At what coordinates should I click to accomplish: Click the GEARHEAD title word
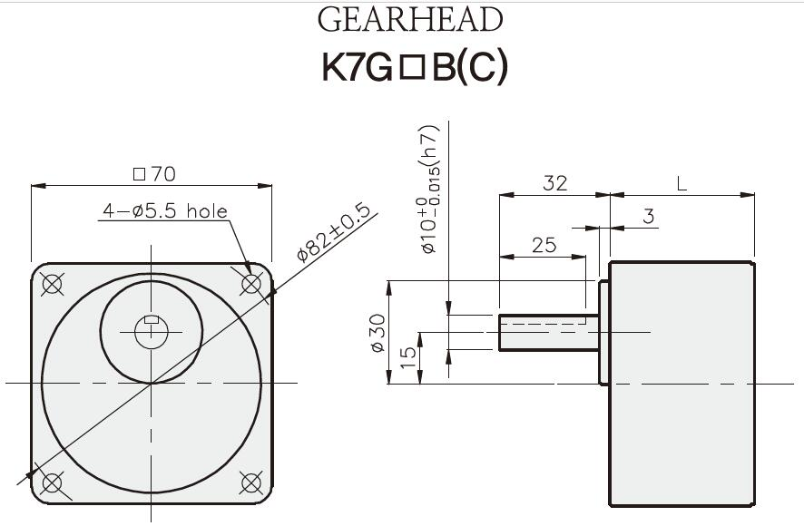[x=409, y=20]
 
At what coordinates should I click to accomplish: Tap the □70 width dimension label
[x=153, y=173]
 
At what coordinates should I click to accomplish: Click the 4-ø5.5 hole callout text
[x=164, y=211]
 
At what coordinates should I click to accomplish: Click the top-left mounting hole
[x=53, y=284]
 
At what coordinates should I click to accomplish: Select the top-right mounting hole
[x=251, y=284]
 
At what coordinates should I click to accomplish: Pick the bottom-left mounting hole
[x=53, y=482]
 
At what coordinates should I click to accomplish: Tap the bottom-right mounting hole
[x=251, y=482]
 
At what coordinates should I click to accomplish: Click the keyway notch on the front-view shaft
[x=152, y=319]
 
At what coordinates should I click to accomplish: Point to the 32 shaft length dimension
[x=554, y=183]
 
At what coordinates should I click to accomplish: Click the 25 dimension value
[x=544, y=245]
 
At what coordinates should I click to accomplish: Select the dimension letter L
[x=681, y=183]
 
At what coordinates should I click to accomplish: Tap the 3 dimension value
[x=648, y=217]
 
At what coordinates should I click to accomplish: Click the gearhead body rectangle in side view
[x=681, y=383]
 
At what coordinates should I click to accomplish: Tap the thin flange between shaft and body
[x=603, y=332]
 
